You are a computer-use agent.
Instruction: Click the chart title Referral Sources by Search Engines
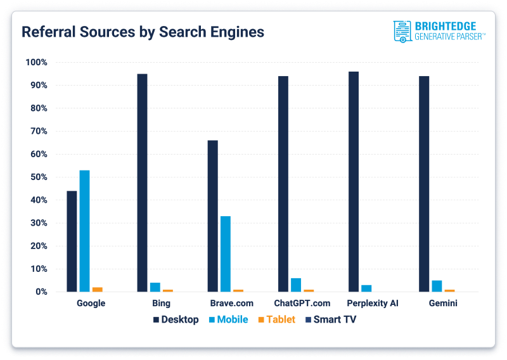coord(143,32)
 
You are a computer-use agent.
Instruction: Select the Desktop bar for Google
coord(72,241)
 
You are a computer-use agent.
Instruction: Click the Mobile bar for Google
coord(84,231)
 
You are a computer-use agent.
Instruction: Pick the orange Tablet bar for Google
coord(97,289)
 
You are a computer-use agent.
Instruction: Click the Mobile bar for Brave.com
coord(225,254)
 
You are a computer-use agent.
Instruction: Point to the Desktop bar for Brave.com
coord(212,215)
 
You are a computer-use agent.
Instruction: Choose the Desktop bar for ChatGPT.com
coord(283,184)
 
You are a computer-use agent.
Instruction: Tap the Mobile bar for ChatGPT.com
coord(296,285)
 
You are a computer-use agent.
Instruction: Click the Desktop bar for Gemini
coord(424,184)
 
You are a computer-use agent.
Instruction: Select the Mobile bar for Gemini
coord(437,286)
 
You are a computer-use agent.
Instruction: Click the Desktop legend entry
coord(176,319)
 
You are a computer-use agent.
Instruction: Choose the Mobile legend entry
coord(228,319)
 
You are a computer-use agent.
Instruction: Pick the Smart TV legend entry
coord(330,319)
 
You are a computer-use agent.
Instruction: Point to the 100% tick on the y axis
coord(35,62)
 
